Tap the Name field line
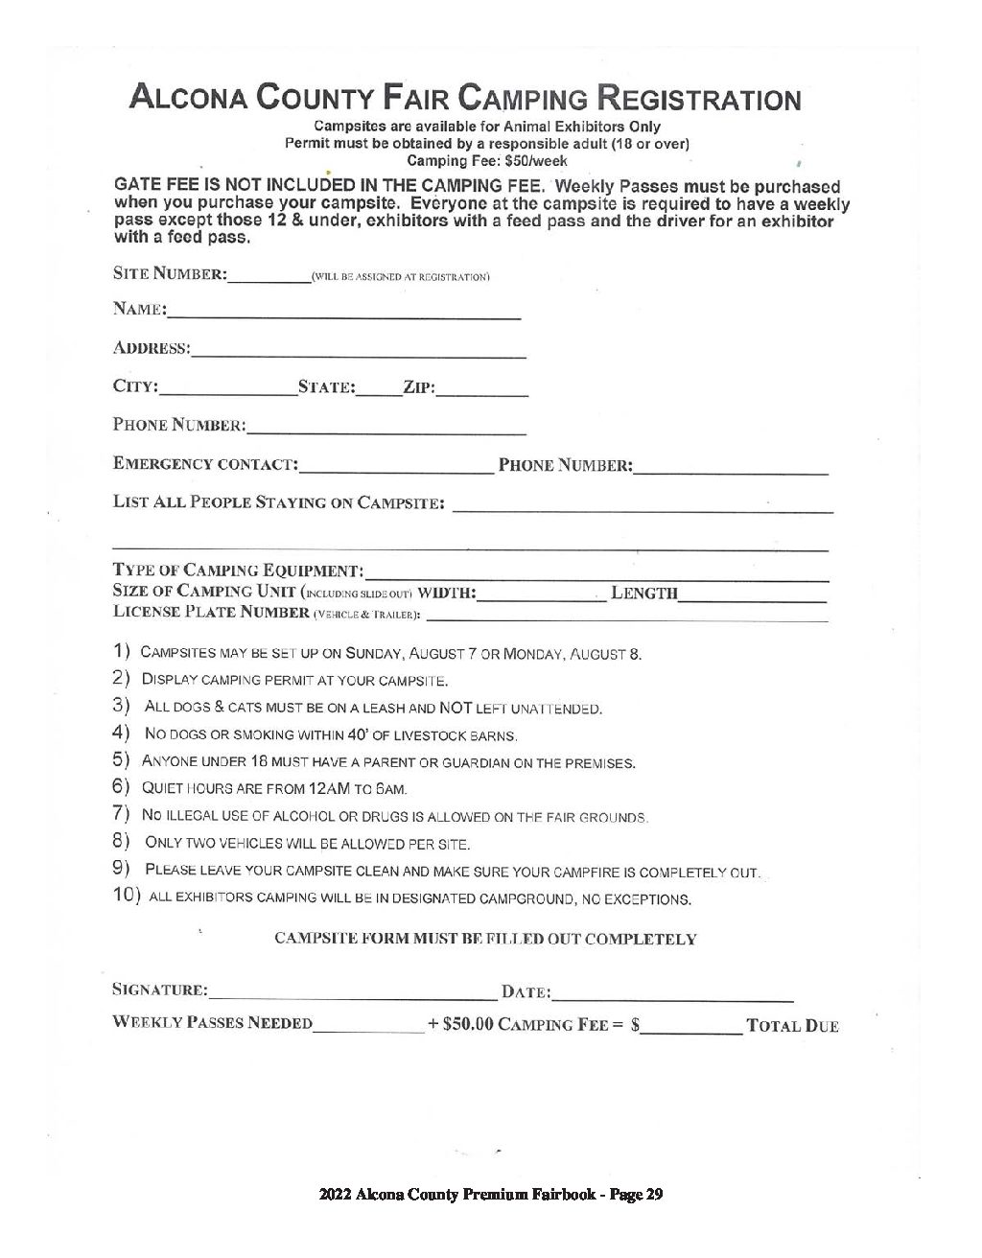344,314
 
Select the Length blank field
752,599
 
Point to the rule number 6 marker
122,788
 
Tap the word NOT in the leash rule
453,709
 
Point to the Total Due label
793,1026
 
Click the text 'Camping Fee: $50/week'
487,161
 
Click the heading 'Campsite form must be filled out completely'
485,939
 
